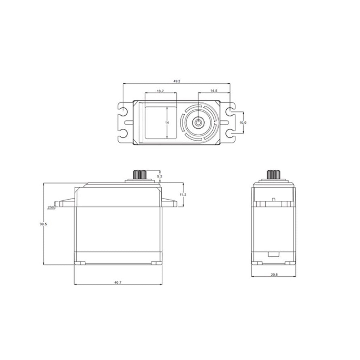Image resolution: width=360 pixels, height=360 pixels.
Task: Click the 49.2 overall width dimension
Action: point(176,81)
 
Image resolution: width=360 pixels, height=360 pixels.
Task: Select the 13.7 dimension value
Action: point(160,91)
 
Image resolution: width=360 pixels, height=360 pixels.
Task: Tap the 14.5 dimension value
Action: point(214,91)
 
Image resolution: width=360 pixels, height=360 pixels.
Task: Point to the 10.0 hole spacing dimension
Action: point(243,123)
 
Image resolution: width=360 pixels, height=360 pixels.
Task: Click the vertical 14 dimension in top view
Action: point(167,122)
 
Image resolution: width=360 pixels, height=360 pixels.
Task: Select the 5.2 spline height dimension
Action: point(159,176)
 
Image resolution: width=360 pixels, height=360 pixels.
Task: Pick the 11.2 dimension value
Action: point(182,194)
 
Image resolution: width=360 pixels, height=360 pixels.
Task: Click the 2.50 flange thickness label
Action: point(51,207)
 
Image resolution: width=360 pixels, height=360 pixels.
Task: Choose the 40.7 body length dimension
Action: point(118,282)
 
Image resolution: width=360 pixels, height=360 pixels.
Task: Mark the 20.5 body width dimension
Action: point(275,275)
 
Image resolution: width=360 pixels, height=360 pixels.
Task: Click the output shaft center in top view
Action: point(199,123)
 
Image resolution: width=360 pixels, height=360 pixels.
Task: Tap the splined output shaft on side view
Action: point(272,174)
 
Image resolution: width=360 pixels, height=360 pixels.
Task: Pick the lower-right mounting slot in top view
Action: point(231,134)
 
